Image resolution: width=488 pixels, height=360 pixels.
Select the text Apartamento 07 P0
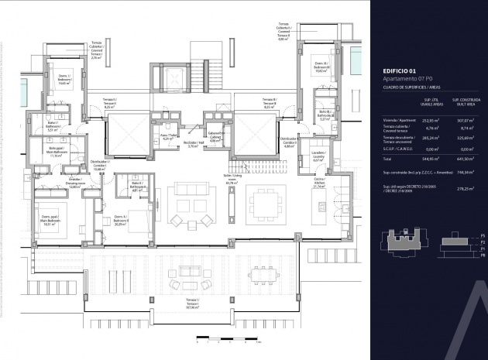point(407,79)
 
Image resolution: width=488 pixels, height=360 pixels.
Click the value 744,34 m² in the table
point(462,173)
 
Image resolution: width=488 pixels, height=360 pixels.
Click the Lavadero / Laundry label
point(318,156)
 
